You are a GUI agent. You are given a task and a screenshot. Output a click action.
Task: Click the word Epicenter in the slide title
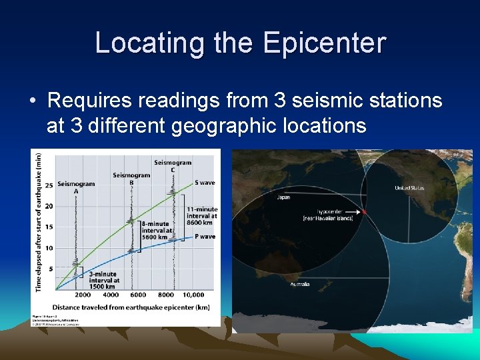[x=324, y=43]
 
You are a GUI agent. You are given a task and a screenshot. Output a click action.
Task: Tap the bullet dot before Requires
[x=33, y=101]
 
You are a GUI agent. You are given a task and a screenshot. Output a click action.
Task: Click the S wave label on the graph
[x=205, y=182]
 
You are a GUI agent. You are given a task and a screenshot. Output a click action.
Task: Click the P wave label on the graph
[x=207, y=236]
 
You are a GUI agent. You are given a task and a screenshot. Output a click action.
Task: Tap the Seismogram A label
[x=75, y=187]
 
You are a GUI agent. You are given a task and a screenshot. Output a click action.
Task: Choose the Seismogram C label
[x=173, y=166]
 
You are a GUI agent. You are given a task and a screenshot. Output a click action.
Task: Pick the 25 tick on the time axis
[x=48, y=185]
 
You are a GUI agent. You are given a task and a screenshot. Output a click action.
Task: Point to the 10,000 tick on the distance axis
[x=193, y=295]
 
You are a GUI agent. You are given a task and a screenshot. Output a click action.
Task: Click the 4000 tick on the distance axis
[x=111, y=295]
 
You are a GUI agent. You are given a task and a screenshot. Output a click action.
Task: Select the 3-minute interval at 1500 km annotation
[x=103, y=280]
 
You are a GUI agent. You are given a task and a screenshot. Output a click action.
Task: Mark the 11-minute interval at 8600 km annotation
[x=201, y=217]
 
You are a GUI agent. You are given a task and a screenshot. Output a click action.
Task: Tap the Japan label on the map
[x=283, y=197]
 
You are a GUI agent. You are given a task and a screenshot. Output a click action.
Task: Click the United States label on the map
[x=409, y=188]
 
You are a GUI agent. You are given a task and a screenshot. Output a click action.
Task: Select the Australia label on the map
[x=299, y=285]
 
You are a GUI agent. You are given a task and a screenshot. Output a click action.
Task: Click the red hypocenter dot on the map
[x=364, y=212]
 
